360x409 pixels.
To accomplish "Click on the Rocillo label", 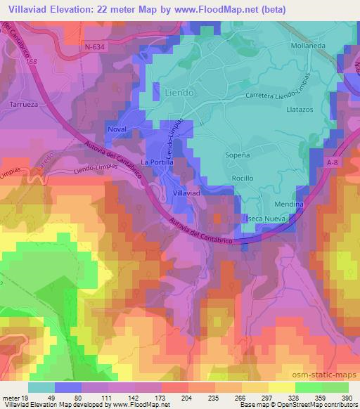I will point(243,178).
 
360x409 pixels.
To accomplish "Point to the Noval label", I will point(117,129).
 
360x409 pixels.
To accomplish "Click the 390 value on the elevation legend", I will point(346,397).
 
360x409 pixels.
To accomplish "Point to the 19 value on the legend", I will point(27,397).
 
